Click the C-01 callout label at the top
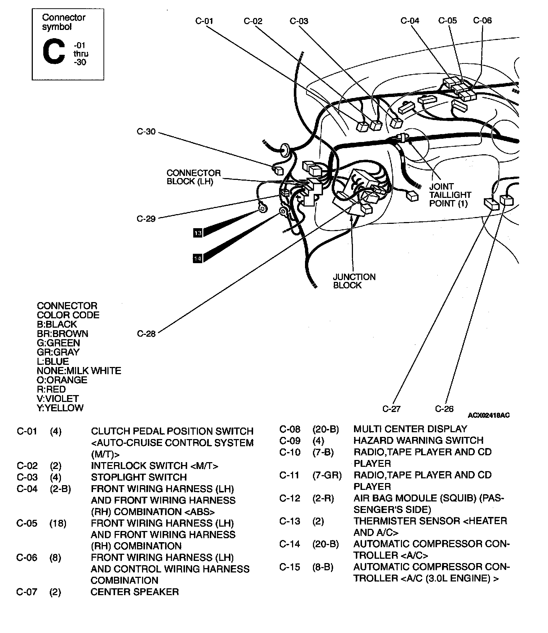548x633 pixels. (x=204, y=21)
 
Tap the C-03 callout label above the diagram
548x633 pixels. (x=299, y=21)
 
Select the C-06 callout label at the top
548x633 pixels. (x=482, y=21)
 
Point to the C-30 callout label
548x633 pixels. (x=146, y=132)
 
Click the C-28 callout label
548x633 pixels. (x=146, y=334)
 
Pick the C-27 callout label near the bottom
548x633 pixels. (x=392, y=409)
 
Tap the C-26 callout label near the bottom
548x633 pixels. (x=444, y=409)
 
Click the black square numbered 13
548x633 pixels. (x=198, y=233)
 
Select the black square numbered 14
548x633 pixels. (x=198, y=258)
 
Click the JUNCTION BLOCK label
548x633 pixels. (x=354, y=281)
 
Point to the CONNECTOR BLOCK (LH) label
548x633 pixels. (x=194, y=177)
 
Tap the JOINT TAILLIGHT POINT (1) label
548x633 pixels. (x=450, y=195)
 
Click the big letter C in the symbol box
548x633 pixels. (x=54, y=52)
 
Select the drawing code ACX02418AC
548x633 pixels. (x=489, y=415)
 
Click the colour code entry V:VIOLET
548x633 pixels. (x=58, y=399)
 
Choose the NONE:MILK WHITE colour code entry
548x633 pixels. (x=79, y=371)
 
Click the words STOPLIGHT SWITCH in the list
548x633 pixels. (x=139, y=477)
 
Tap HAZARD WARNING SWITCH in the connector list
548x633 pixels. (x=418, y=440)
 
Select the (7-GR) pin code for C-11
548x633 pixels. (x=327, y=475)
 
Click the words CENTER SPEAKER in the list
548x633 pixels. (x=134, y=592)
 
